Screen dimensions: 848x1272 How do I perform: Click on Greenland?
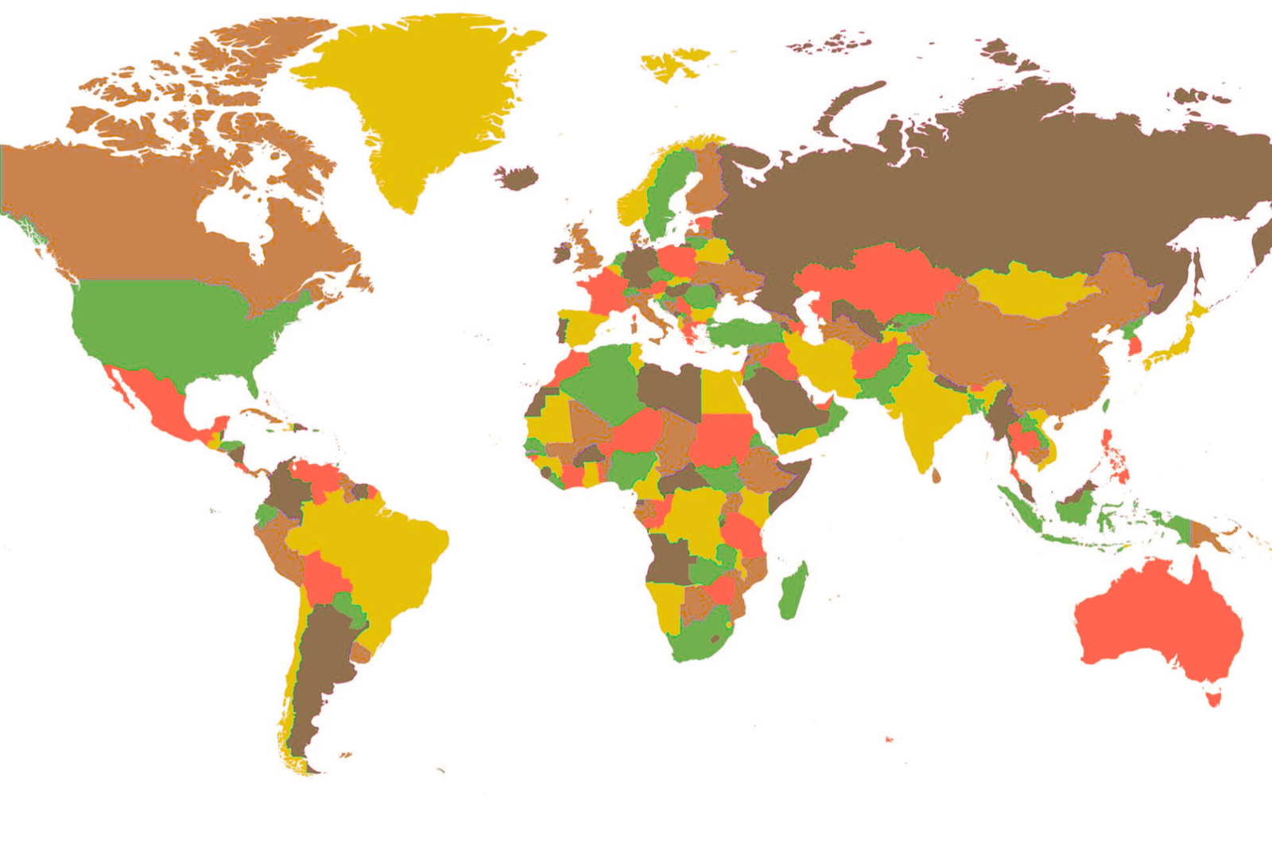pos(413,103)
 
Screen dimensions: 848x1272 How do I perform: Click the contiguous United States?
pos(175,326)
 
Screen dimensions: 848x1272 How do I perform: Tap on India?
pos(926,405)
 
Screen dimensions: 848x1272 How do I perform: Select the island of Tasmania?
pos(1213,699)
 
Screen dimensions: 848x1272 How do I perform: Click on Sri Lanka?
pos(936,475)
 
